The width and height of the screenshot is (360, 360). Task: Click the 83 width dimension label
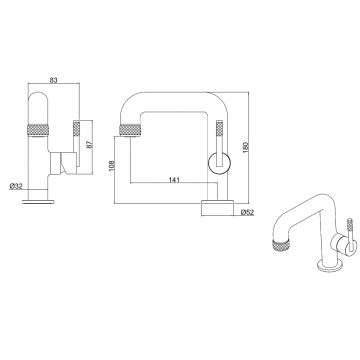(x=54, y=80)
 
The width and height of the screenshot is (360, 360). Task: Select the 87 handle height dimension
(x=89, y=144)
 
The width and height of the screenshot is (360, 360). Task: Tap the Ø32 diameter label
(x=16, y=186)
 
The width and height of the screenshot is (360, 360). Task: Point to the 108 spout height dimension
(x=112, y=165)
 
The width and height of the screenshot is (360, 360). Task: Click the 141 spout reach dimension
(x=174, y=180)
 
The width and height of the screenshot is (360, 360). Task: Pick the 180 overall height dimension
(x=246, y=147)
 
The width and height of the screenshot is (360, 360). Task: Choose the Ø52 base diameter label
(x=247, y=212)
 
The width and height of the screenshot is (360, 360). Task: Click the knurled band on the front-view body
(x=38, y=130)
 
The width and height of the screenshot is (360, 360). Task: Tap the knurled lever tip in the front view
(x=76, y=129)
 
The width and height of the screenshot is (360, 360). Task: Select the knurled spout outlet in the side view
(x=130, y=130)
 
